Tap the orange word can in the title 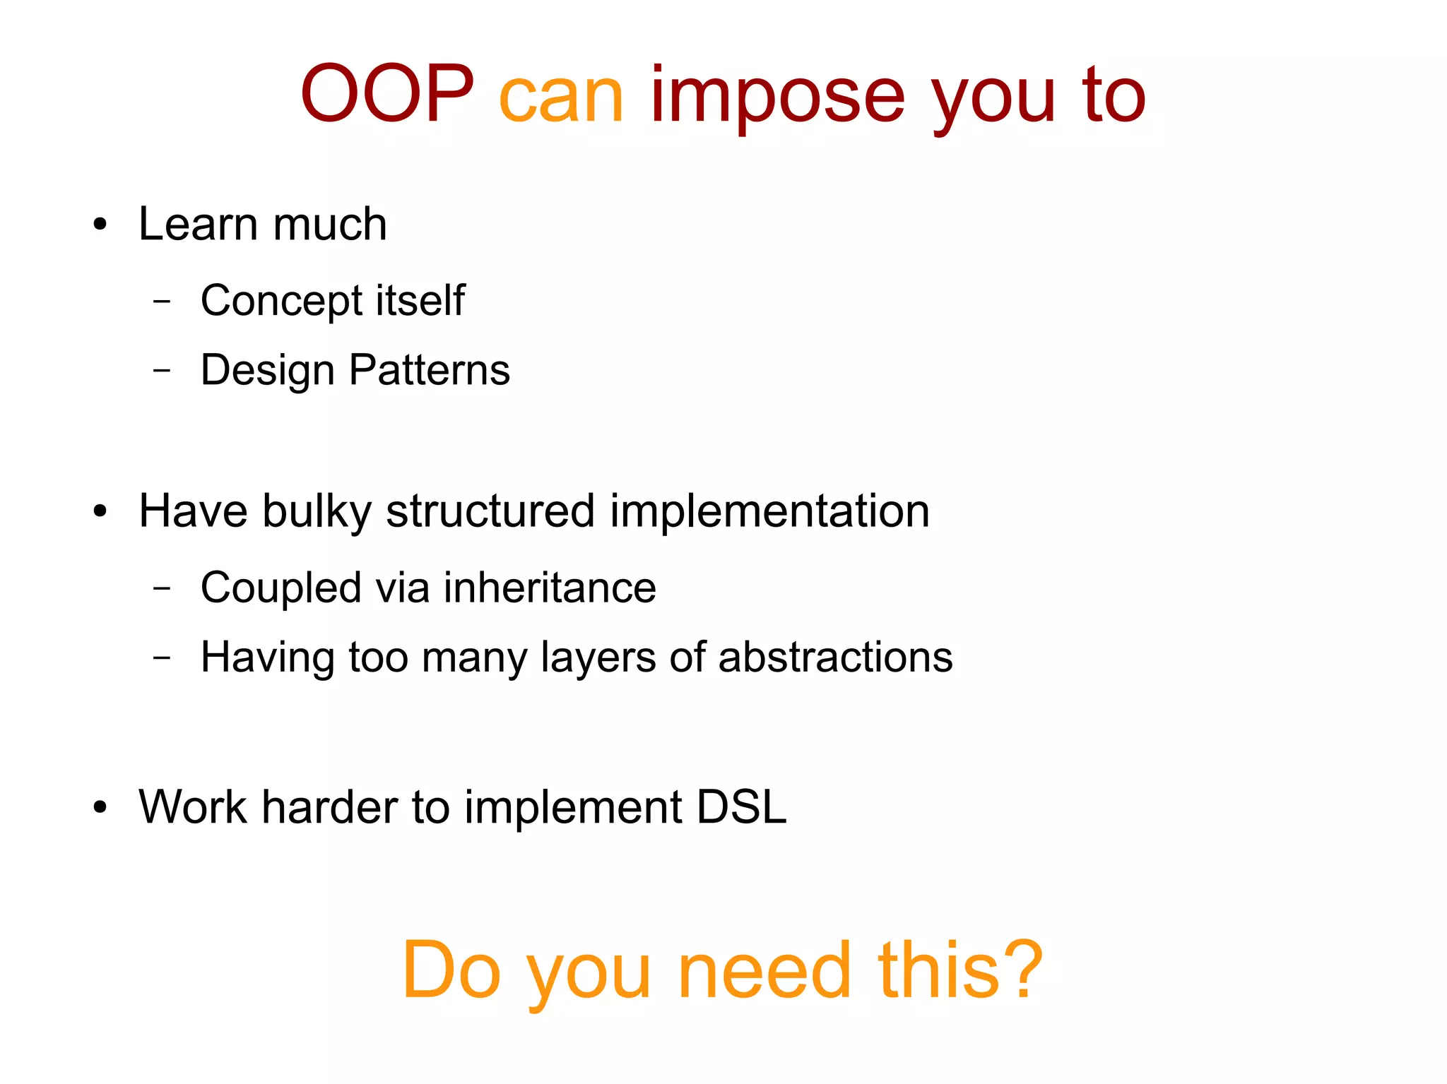point(561,97)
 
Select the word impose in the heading point(777,97)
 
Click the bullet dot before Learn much point(100,225)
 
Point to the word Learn point(198,225)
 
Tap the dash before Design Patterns point(162,369)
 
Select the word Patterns point(429,369)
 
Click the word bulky point(317,512)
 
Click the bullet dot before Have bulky point(100,511)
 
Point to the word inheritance point(550,588)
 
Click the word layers point(598,658)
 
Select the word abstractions point(835,657)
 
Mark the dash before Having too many point(162,657)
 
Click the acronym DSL point(741,806)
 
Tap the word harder point(330,806)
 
